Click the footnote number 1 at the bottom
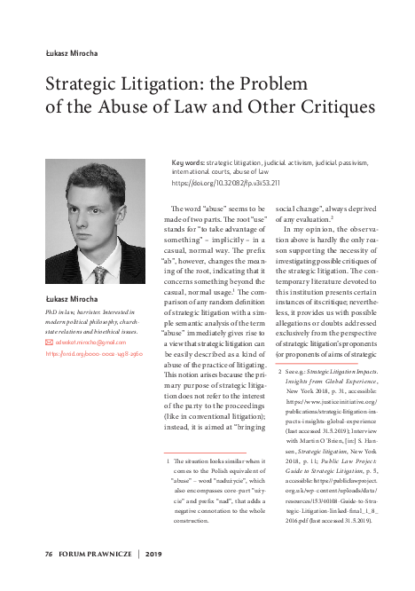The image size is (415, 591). tap(168, 462)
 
